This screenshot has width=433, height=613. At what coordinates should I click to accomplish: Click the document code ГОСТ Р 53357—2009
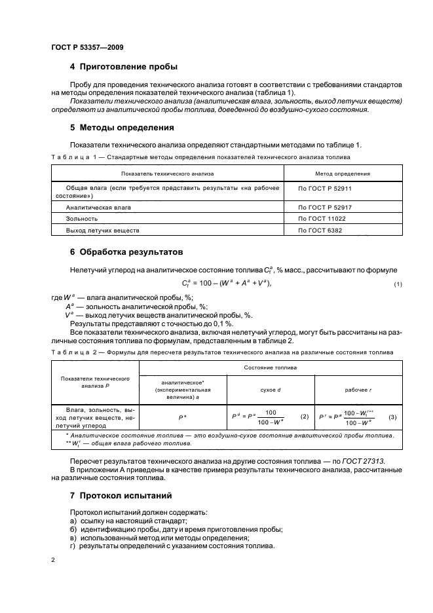86,47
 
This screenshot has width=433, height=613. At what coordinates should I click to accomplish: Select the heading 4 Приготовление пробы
123,67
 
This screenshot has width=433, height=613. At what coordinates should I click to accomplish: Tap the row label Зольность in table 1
82,219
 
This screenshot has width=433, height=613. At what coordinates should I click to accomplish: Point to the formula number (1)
398,283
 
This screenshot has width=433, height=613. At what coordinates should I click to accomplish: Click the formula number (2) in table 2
304,417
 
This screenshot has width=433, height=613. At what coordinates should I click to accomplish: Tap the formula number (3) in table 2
392,417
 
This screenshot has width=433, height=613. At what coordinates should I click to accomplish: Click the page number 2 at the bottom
54,561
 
